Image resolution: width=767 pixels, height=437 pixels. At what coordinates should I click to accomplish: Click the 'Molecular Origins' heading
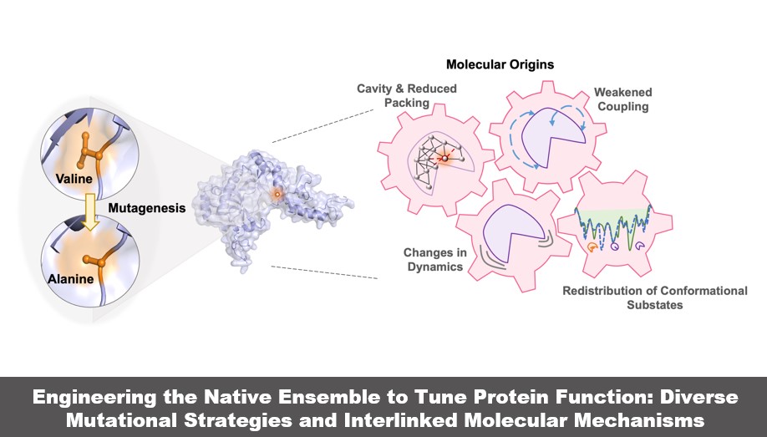(x=500, y=64)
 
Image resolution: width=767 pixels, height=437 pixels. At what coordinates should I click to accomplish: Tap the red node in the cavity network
(x=445, y=157)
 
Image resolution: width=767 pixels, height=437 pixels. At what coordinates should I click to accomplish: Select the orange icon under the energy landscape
(x=593, y=247)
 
